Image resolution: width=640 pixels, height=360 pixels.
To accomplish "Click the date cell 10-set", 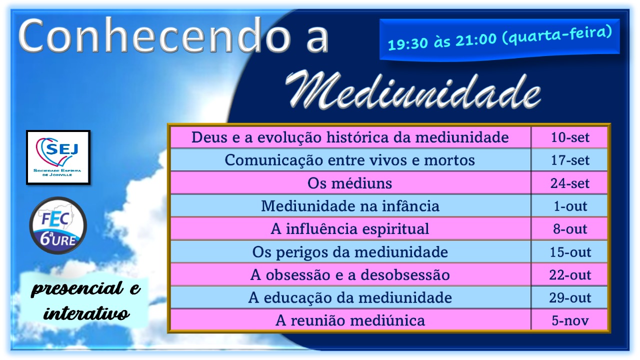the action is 569,137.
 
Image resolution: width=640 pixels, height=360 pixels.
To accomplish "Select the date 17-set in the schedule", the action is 569,160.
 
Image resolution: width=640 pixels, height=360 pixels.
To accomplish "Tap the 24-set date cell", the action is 569,183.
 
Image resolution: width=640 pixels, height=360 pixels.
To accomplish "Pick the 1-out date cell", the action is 569,206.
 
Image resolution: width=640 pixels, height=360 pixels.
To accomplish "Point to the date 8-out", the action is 569,229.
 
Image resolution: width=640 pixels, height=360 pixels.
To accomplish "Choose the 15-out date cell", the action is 569,252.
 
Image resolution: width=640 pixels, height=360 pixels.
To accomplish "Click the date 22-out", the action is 569,275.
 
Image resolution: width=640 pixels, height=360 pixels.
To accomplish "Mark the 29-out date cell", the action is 569,297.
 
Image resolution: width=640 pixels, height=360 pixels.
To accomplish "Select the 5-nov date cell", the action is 569,320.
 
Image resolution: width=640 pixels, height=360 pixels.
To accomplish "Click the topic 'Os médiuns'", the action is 349,183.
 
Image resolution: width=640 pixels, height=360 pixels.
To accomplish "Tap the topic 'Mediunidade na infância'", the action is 350,206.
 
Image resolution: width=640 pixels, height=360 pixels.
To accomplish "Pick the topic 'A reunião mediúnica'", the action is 350,320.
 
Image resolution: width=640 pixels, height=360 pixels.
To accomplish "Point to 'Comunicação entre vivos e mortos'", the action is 349,160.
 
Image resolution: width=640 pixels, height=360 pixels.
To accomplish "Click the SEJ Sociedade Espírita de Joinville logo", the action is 58,157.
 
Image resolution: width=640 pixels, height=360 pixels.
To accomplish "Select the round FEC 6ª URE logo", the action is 58,225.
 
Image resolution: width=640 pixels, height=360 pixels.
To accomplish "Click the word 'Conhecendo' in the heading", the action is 154,35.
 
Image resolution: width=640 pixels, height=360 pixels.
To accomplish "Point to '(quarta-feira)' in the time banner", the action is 557,35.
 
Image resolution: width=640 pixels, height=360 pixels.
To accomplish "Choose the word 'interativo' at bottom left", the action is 86,313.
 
